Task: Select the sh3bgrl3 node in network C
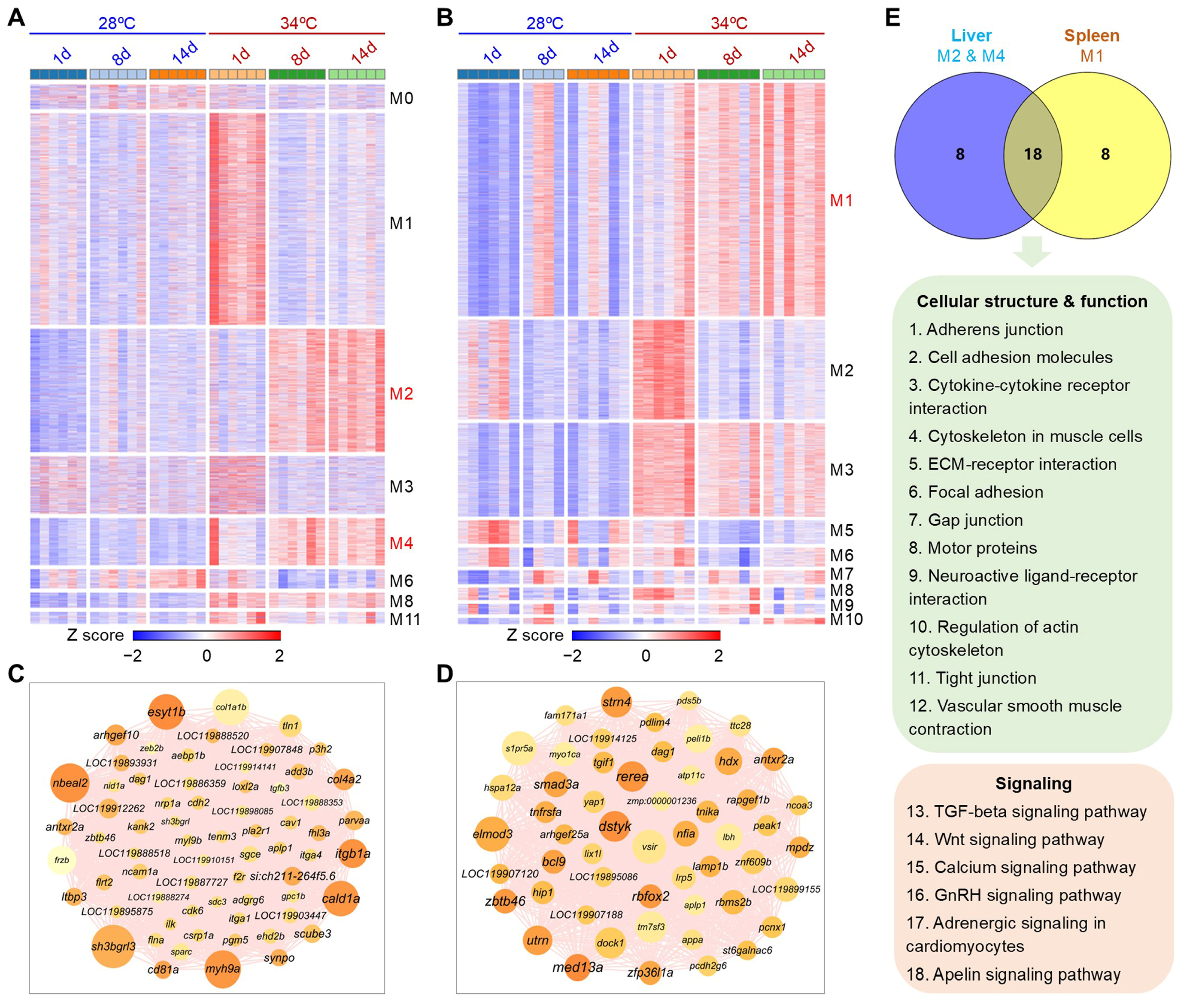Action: coord(113,947)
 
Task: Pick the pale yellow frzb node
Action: coord(61,860)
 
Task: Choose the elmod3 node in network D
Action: coord(492,834)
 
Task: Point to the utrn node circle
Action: coord(537,940)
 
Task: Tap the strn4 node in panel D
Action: coord(617,702)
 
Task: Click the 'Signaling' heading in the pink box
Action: coord(1033,784)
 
